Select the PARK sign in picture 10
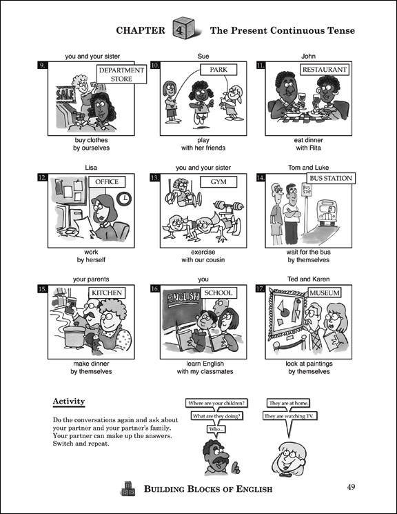point(214,70)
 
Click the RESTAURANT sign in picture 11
point(325,70)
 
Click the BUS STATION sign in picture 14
point(329,178)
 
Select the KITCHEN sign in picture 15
point(107,293)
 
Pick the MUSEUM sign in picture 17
point(325,293)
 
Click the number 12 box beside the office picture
point(43,178)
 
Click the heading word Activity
point(68,402)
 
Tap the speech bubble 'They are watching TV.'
point(290,416)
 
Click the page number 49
point(351,488)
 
